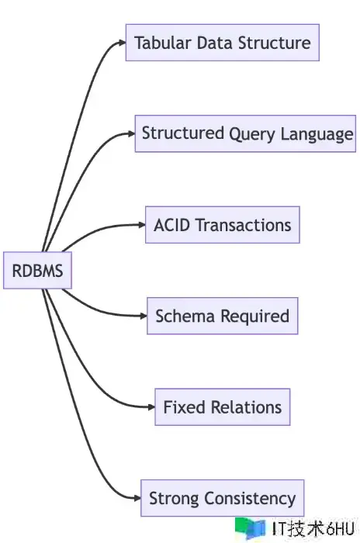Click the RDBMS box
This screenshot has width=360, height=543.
coord(37,271)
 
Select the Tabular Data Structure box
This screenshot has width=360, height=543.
coord(223,43)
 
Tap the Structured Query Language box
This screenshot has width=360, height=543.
coord(245,133)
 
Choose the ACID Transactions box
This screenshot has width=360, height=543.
coord(223,225)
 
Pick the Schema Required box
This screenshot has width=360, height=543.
coord(223,316)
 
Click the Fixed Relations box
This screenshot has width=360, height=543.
coord(223,407)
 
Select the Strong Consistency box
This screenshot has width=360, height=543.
coord(223,498)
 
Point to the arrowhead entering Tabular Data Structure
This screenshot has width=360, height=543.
coord(123,43)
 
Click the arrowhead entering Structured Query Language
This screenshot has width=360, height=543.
coord(132,133)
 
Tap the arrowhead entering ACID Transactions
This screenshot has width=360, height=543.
coord(142,225)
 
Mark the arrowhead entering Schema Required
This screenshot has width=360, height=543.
coord(144,316)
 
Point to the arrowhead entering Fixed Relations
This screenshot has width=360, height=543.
coord(151,407)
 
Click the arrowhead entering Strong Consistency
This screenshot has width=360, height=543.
coord(137,498)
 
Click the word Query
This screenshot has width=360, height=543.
coord(252,134)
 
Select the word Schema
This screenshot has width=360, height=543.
coord(185,316)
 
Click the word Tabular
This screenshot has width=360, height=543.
coord(163,43)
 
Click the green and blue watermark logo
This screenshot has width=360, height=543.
coord(250,528)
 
